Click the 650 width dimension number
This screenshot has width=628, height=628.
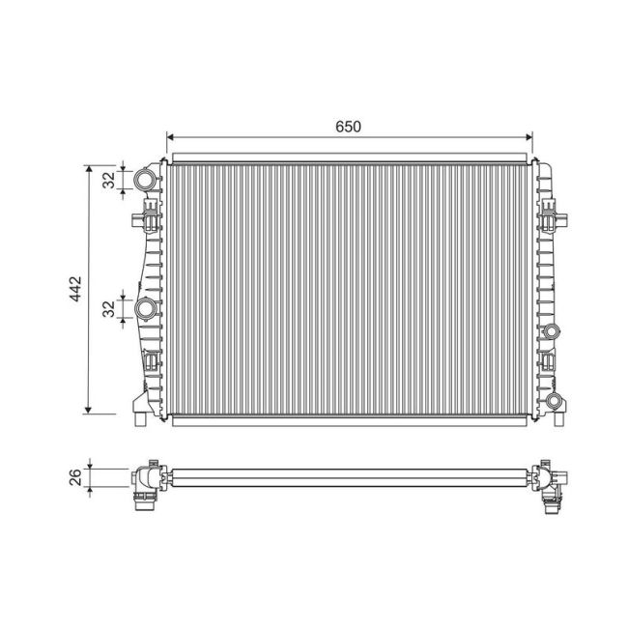[349, 127]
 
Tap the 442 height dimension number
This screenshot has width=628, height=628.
[75, 291]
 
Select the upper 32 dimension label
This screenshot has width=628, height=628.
[109, 179]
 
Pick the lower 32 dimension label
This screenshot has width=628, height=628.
[109, 308]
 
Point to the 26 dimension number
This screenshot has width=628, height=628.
[76, 475]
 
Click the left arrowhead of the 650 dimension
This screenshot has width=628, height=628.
[171, 137]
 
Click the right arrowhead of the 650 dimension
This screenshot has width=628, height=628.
[528, 137]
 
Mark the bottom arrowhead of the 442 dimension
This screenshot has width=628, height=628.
[89, 410]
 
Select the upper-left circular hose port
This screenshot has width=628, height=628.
[145, 180]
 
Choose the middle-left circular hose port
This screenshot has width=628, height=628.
[146, 309]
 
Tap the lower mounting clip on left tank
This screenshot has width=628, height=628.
[152, 364]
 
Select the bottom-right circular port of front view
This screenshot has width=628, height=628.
[553, 402]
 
